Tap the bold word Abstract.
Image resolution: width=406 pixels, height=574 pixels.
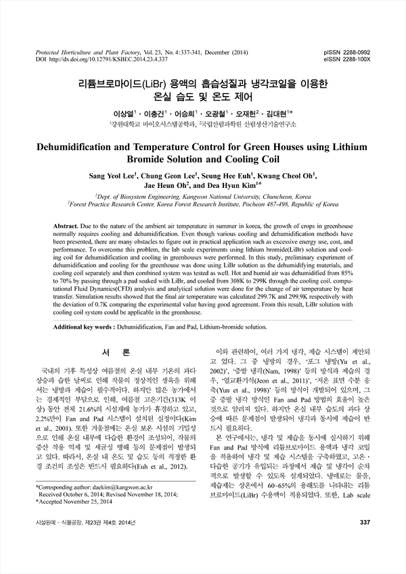pos(66,222)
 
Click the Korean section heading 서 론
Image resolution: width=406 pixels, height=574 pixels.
pos(110,354)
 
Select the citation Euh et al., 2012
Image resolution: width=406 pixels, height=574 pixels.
pos(160,485)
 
